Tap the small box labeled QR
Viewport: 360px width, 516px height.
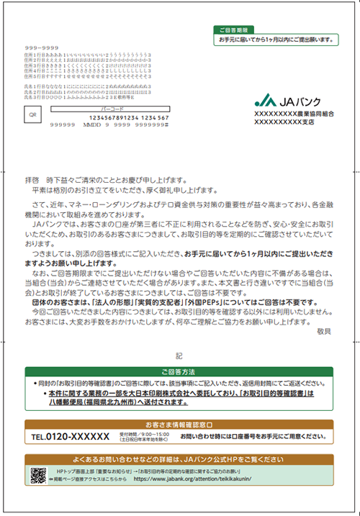point(31,114)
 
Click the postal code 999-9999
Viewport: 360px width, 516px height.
point(18,47)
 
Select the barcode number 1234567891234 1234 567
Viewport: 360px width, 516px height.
point(128,117)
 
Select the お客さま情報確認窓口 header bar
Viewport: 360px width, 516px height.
point(179,425)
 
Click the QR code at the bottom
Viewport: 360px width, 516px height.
point(38,474)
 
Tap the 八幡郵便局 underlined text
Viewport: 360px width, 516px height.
point(71,404)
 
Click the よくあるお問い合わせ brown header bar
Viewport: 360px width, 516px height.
point(179,458)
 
